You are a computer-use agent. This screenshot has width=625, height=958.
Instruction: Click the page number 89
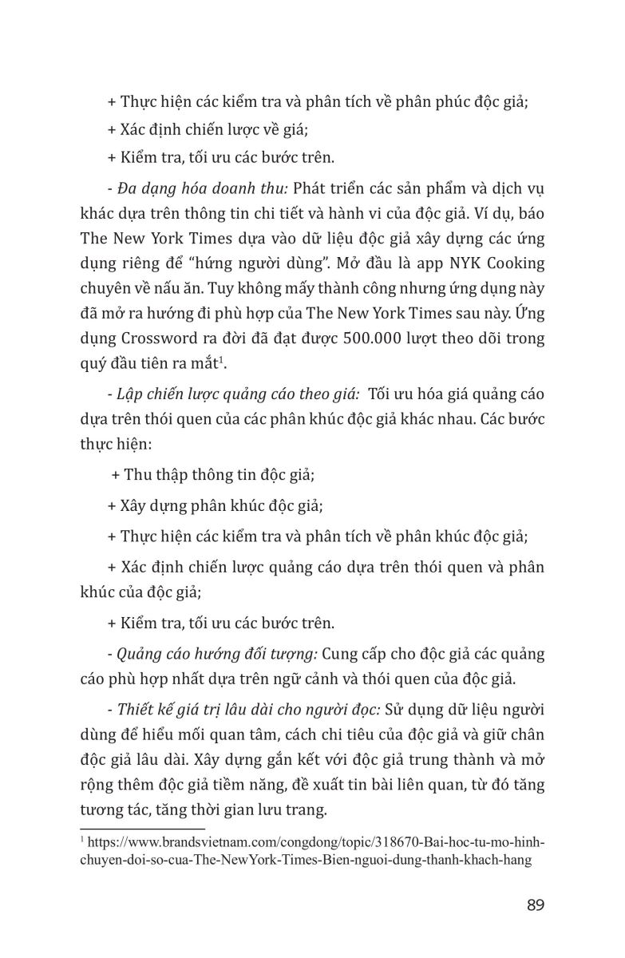(536, 905)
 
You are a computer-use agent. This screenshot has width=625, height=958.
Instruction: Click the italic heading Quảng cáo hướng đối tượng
(217, 654)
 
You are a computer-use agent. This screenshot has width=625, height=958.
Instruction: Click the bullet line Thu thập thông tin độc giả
(213, 474)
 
